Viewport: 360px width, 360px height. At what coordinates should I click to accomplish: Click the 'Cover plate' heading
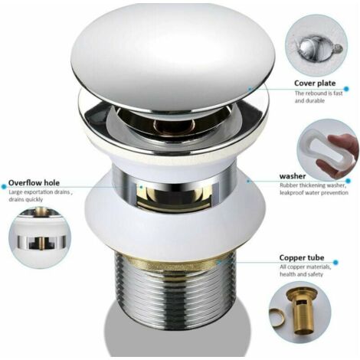pyautogui.click(x=315, y=83)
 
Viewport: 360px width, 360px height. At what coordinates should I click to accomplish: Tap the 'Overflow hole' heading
pyautogui.click(x=34, y=183)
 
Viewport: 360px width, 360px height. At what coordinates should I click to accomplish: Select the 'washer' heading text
pyautogui.click(x=293, y=176)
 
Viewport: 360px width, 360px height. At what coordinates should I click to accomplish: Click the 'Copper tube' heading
pyautogui.click(x=302, y=257)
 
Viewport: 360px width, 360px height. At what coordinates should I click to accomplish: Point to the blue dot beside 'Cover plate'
pyautogui.click(x=346, y=89)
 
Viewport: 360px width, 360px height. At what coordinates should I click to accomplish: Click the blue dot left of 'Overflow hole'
pyautogui.click(x=4, y=187)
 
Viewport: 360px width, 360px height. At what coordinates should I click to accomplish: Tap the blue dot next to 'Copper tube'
pyautogui.click(x=335, y=262)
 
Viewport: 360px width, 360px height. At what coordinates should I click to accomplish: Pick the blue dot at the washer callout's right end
pyautogui.click(x=349, y=181)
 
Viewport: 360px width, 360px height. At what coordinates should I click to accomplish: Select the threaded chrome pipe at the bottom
pyautogui.click(x=175, y=293)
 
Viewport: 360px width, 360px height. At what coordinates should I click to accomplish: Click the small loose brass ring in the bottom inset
pyautogui.click(x=277, y=316)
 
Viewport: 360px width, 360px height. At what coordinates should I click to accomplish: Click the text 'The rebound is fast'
pyautogui.click(x=319, y=93)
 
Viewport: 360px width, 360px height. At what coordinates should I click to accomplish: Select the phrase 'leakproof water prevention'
pyautogui.click(x=314, y=192)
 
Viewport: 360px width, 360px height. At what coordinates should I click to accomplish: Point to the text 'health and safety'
pyautogui.click(x=301, y=274)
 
